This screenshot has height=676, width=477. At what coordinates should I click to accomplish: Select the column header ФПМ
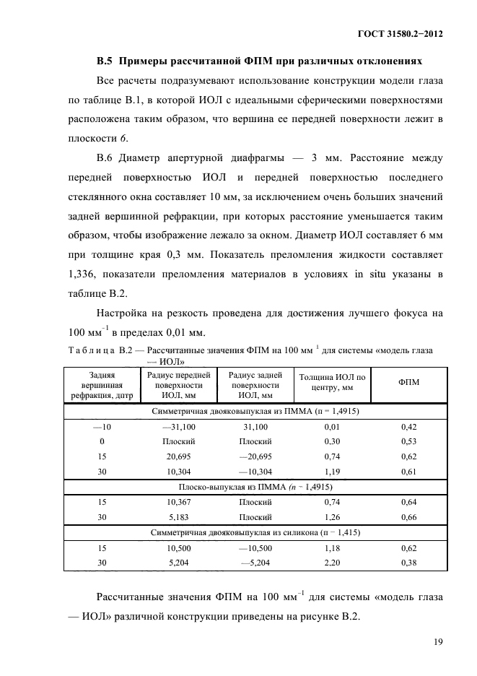(410, 381)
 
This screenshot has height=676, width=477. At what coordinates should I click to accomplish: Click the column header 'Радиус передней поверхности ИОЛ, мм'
(178, 385)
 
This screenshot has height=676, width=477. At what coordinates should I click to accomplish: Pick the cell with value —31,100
(178, 428)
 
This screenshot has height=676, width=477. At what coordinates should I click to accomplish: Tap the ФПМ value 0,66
(410, 516)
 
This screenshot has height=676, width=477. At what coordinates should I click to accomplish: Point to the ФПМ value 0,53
(410, 442)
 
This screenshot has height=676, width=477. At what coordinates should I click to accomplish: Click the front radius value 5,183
(178, 516)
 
